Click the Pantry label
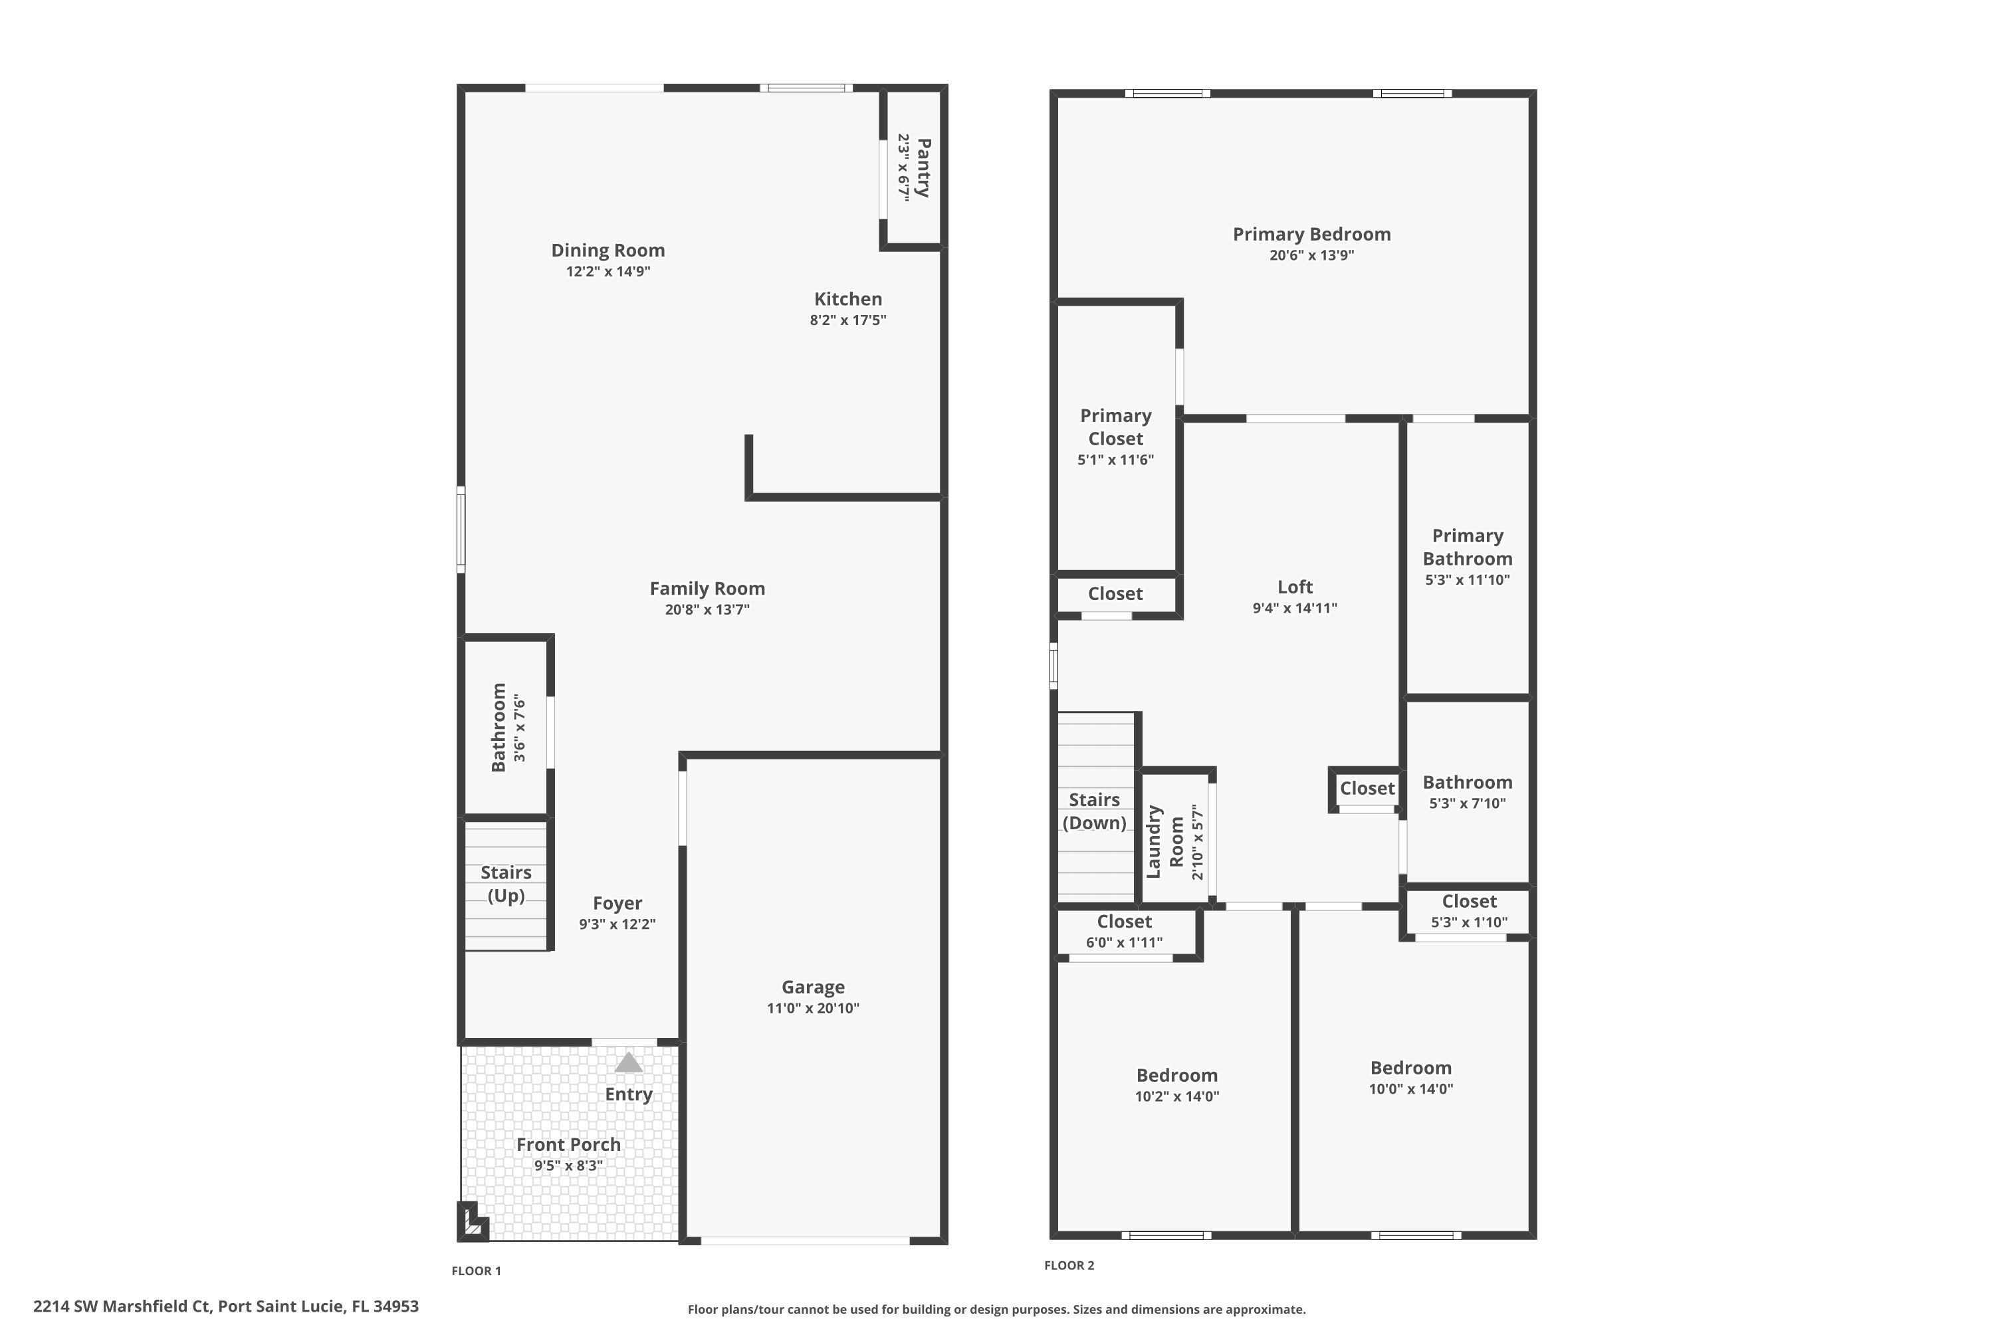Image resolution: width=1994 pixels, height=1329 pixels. [x=923, y=168]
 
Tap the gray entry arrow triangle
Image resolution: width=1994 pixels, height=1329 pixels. [x=628, y=1062]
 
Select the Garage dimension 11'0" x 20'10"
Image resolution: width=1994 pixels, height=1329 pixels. [x=812, y=1008]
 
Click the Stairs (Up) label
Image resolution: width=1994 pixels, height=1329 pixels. [x=506, y=884]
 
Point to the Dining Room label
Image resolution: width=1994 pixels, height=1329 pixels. [x=608, y=250]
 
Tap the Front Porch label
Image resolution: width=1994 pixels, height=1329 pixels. [x=568, y=1144]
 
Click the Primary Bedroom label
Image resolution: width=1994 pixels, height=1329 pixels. [x=1311, y=234]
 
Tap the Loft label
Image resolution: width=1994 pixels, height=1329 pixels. [x=1295, y=587]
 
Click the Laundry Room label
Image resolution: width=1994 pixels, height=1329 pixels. [x=1164, y=842]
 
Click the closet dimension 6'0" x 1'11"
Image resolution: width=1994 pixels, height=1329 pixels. [x=1123, y=942]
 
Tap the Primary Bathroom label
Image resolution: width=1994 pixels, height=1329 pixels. [x=1467, y=547]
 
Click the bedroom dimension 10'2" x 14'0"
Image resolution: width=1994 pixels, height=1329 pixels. [x=1176, y=1096]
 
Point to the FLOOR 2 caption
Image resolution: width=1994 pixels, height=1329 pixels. [x=1068, y=1265]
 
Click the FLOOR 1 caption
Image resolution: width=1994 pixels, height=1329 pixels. [x=476, y=1271]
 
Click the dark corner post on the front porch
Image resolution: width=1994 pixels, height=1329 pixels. [x=471, y=1222]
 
